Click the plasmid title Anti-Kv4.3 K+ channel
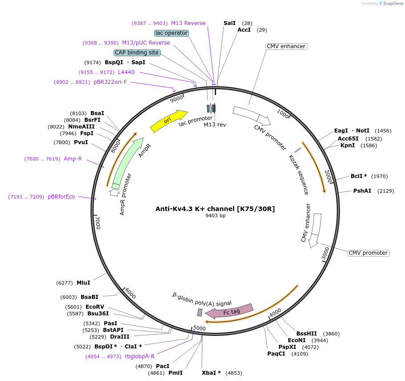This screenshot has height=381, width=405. tap(215, 208)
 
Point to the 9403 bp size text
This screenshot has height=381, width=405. tap(215, 216)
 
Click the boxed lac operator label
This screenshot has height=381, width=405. tap(172, 33)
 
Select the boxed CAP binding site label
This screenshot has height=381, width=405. tap(137, 53)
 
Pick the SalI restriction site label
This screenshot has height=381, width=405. tap(229, 23)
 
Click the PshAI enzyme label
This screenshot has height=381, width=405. tap(362, 191)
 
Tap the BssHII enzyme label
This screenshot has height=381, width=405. tap(307, 333)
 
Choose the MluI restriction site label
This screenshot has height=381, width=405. tap(83, 282)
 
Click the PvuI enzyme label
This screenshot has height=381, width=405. tap(81, 142)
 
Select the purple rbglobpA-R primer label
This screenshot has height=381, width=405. tap(139, 356)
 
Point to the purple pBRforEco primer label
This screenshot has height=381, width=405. tap(61, 197)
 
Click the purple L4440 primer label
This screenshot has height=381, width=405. tap(126, 72)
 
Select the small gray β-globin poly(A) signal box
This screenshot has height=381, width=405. tap(200, 312)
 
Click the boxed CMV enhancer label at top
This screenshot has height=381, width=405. tap(286, 46)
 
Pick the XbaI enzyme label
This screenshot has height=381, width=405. tap(211, 373)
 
